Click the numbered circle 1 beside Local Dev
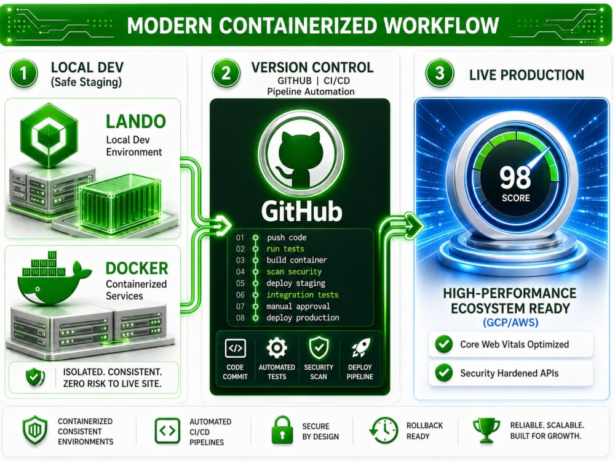pos(23,73)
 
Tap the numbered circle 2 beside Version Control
pos(226,73)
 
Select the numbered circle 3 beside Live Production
pos(440,73)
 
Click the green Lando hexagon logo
pos(49,136)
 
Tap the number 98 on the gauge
pos(515,177)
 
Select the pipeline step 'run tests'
pos(285,249)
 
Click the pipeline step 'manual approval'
pos(298,306)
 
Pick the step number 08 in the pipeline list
pos(240,318)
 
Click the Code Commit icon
pos(236,348)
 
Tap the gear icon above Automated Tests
pos(277,347)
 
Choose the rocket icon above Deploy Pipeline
pos(360,348)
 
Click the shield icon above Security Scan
pos(319,348)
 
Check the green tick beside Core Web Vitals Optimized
pos(444,344)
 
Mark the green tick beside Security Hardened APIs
pos(444,373)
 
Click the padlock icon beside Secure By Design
pos(282,430)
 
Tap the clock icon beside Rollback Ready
pos(384,431)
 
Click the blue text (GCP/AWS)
pos(510,323)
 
